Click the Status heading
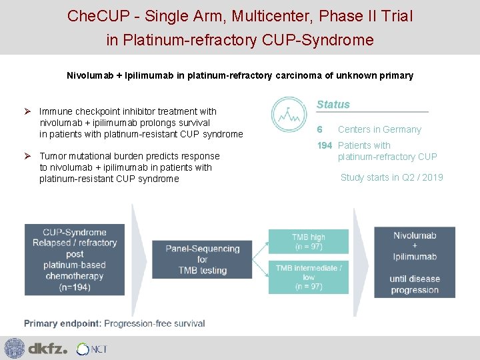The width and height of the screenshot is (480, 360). pyautogui.click(x=333, y=105)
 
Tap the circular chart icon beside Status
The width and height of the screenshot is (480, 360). pyautogui.click(x=287, y=115)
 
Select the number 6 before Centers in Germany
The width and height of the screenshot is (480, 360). pyautogui.click(x=320, y=129)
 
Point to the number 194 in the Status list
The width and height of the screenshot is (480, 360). pyautogui.click(x=325, y=145)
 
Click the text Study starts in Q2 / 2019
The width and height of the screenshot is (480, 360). pyautogui.click(x=391, y=177)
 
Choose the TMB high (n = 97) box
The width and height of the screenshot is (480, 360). pyautogui.click(x=308, y=242)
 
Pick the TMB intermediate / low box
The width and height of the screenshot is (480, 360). pyautogui.click(x=308, y=276)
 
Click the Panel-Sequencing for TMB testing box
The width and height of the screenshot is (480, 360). pyautogui.click(x=202, y=259)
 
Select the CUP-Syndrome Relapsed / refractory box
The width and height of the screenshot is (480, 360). pyautogui.click(x=74, y=259)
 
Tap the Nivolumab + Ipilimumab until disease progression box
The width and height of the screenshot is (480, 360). pyautogui.click(x=415, y=262)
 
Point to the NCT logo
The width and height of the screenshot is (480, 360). pyautogui.click(x=91, y=349)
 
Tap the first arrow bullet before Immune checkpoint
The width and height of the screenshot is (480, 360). pyautogui.click(x=28, y=111)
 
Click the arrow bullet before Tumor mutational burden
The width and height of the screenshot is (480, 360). pyautogui.click(x=28, y=156)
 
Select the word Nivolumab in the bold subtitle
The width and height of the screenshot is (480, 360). pyautogui.click(x=91, y=75)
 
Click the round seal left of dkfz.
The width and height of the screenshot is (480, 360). pyautogui.click(x=14, y=348)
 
